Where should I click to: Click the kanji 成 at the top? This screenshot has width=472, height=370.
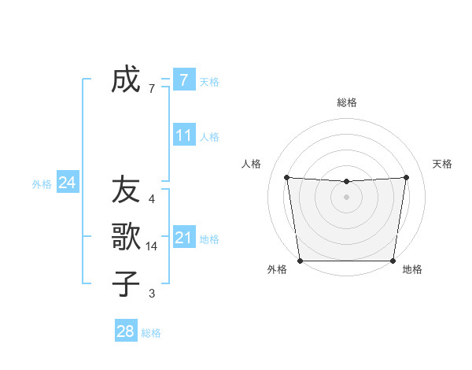click(126, 80)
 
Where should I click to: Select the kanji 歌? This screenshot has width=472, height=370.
click(126, 236)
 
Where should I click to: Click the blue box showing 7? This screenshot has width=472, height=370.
click(183, 80)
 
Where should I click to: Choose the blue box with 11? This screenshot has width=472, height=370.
click(183, 135)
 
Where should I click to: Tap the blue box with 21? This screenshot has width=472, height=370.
click(183, 237)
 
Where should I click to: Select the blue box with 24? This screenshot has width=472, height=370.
click(67, 183)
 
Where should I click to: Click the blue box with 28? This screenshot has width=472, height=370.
click(125, 331)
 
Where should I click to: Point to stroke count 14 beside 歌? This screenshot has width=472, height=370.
click(152, 246)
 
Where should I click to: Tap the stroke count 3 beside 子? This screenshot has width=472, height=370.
click(152, 294)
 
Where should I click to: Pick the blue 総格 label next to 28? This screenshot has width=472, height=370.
click(151, 333)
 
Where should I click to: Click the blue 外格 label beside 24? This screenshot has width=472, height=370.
click(42, 184)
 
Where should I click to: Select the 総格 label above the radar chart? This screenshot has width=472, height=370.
click(346, 102)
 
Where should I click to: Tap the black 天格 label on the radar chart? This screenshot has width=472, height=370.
click(442, 164)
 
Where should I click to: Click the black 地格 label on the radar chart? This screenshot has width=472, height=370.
click(412, 269)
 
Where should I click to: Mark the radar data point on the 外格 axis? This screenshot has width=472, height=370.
click(300, 261)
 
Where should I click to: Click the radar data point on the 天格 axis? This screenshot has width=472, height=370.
click(407, 177)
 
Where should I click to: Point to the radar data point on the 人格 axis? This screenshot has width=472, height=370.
click(286, 177)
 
